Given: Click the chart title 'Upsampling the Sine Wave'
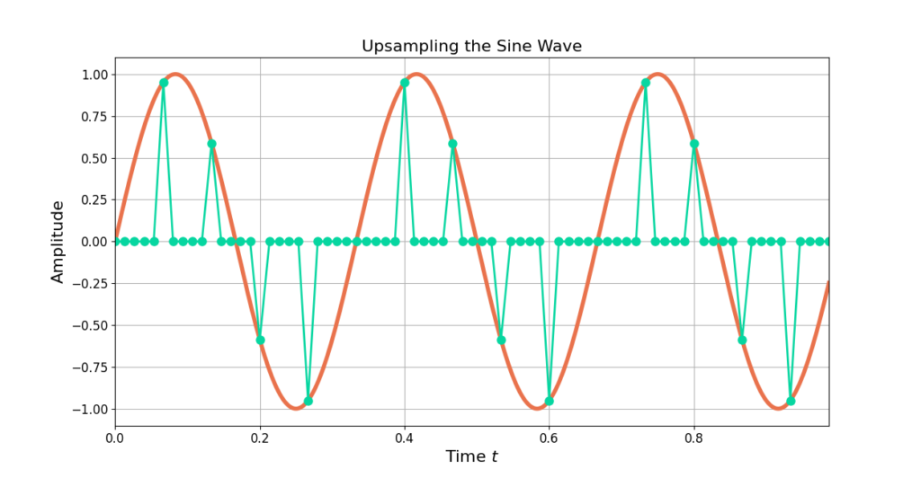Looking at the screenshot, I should [x=471, y=46].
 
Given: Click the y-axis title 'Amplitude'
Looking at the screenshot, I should [x=58, y=242].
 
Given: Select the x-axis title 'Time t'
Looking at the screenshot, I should [x=471, y=456].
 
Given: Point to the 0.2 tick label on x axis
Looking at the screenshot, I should [x=260, y=439].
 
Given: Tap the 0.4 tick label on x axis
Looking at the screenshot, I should [x=405, y=439].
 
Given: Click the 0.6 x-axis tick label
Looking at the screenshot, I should [x=550, y=439].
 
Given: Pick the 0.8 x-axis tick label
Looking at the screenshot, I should [x=694, y=439].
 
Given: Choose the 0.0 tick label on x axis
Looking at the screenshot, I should [x=115, y=439].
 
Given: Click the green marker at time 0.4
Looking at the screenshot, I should [x=405, y=83].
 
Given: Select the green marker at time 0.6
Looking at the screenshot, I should [x=550, y=401].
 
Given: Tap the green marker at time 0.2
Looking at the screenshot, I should [x=260, y=340].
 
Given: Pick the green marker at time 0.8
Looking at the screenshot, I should [x=694, y=144].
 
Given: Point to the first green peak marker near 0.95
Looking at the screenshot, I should [x=164, y=83].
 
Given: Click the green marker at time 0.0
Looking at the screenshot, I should [x=115, y=242].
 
